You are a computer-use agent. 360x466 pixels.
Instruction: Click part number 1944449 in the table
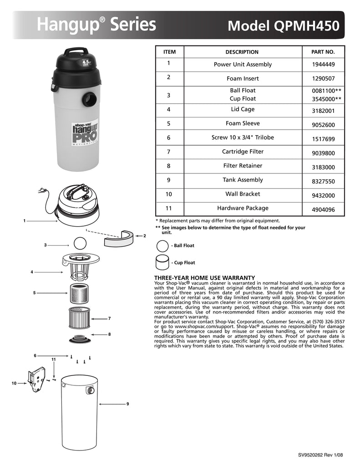coord(323,65)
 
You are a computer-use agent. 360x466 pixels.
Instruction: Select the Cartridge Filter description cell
coord(243,152)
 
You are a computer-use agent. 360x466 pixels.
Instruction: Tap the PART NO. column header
coord(323,52)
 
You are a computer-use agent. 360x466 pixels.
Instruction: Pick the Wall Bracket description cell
coord(243,194)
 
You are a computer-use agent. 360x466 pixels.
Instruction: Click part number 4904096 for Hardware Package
coord(323,210)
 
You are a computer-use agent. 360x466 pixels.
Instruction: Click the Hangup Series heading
coord(96,25)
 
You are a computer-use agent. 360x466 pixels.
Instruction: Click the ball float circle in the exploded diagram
coord(80,242)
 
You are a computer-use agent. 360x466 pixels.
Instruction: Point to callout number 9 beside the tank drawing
coord(128,404)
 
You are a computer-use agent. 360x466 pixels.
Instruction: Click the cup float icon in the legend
coord(162,262)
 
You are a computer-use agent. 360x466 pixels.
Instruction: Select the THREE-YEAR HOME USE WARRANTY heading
coord(204,278)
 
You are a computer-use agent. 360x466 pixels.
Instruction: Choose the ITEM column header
coord(169,52)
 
